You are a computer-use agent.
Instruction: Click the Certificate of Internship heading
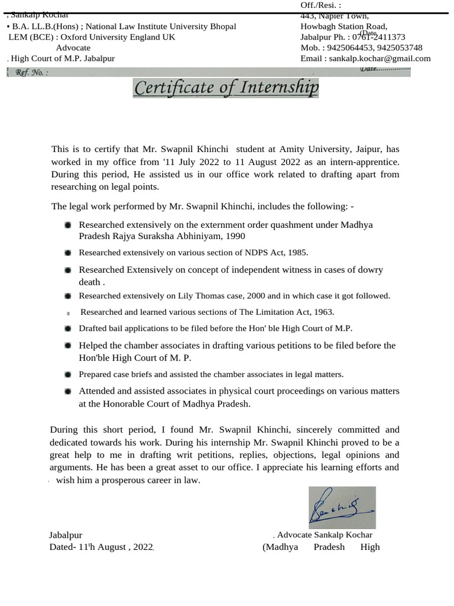point(226,88)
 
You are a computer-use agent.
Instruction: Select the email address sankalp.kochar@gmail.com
point(380,59)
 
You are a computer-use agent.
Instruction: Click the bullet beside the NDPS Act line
point(69,253)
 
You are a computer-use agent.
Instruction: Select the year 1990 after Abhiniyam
point(217,236)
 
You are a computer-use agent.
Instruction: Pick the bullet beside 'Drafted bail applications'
point(69,328)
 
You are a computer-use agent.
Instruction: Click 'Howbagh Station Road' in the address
point(344,26)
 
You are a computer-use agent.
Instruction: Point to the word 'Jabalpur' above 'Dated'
point(66,535)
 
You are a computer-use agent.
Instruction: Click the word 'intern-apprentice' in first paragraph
point(365,162)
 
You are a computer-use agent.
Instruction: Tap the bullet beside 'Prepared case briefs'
point(69,375)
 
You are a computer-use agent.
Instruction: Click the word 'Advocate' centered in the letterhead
point(73,47)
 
